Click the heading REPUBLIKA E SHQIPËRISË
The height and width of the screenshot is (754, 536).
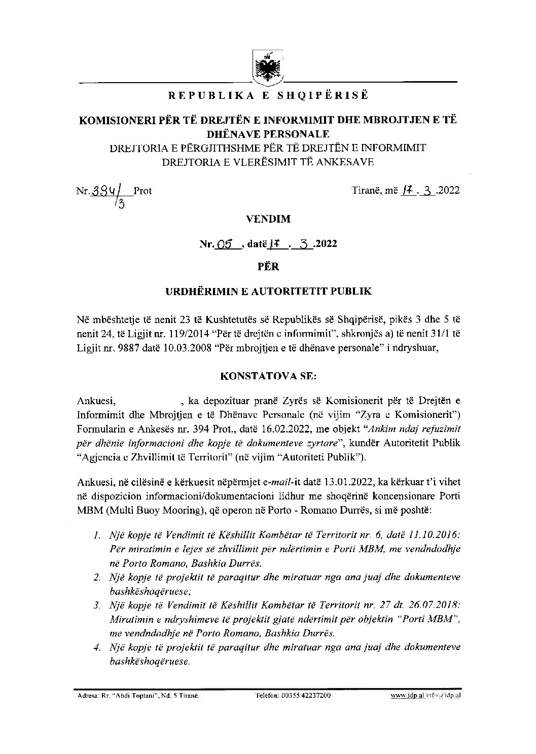[268, 95]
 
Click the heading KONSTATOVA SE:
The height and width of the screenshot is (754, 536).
[268, 377]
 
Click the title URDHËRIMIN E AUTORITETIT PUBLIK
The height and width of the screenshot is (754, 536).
[268, 291]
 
